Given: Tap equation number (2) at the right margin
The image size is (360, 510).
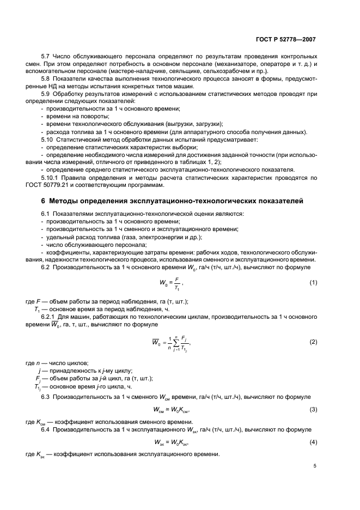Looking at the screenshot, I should [x=313, y=342].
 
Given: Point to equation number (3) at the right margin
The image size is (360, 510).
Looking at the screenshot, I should [x=313, y=409].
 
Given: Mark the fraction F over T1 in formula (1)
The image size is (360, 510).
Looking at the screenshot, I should [x=177, y=282].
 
